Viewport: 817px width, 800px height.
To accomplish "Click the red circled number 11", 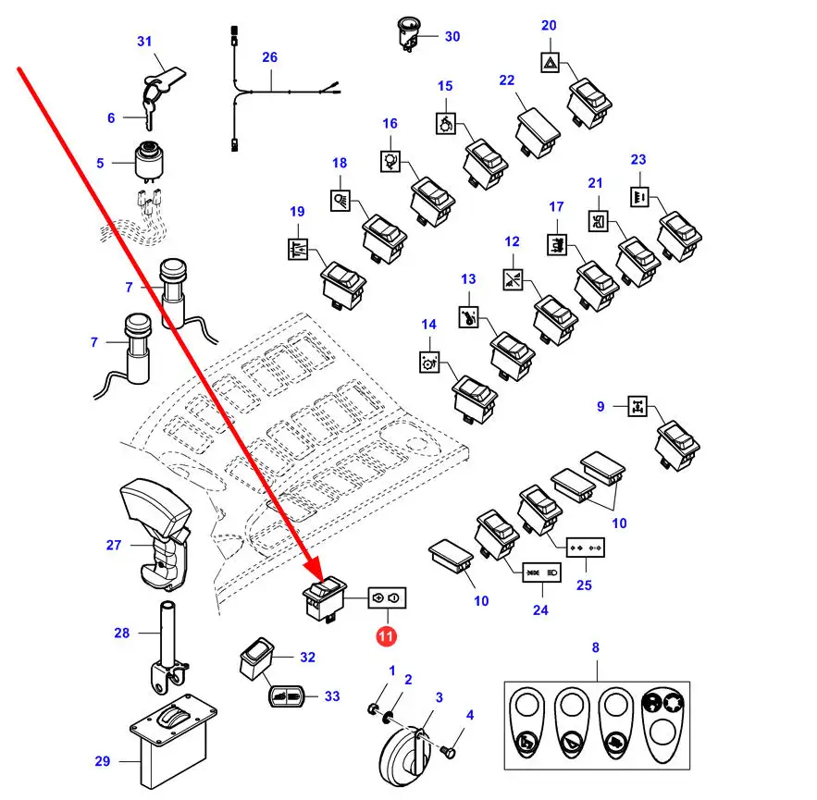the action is click(x=386, y=636).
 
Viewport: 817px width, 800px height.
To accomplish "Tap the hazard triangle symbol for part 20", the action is click(x=551, y=63).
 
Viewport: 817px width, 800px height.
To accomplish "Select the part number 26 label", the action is click(x=269, y=57).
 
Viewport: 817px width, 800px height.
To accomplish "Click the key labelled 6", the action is click(x=148, y=116).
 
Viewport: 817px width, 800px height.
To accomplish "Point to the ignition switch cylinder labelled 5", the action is click(x=150, y=160).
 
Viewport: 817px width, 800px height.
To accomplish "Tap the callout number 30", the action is click(x=452, y=36).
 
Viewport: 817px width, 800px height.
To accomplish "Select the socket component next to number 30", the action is click(x=408, y=34).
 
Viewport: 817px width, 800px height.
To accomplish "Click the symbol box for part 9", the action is click(x=638, y=406).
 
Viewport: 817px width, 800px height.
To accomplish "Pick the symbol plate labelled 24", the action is click(x=542, y=572).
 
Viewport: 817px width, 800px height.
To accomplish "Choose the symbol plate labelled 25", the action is click(x=586, y=548).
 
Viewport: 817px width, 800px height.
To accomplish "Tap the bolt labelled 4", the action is click(x=448, y=752).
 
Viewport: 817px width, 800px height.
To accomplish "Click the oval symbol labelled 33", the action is click(x=286, y=696).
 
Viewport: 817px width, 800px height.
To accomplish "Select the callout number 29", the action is click(x=103, y=761).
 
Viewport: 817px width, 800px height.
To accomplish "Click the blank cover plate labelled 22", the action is click(x=538, y=132).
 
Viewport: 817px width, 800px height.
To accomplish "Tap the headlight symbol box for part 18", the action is click(x=340, y=201).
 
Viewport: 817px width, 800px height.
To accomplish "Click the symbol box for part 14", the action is click(x=430, y=362).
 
